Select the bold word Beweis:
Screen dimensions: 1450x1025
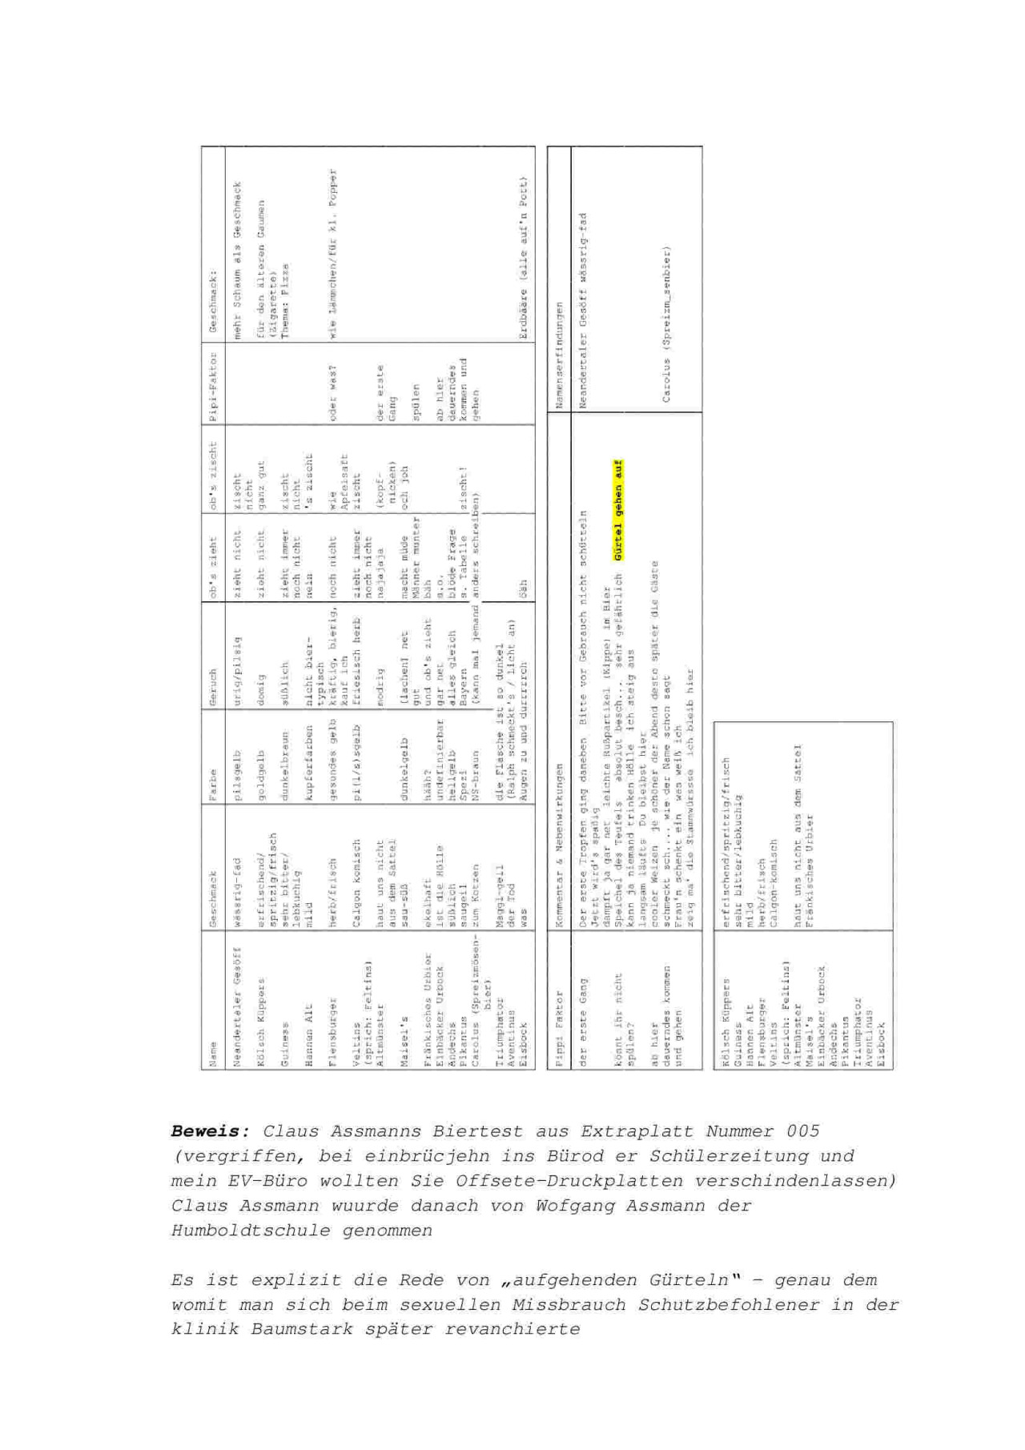pyautogui.click(x=211, y=1131)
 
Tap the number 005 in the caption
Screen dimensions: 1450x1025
pyautogui.click(x=802, y=1131)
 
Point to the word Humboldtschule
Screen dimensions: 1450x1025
pyautogui.click(x=250, y=1231)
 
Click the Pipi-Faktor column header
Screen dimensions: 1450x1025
pyautogui.click(x=213, y=384)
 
